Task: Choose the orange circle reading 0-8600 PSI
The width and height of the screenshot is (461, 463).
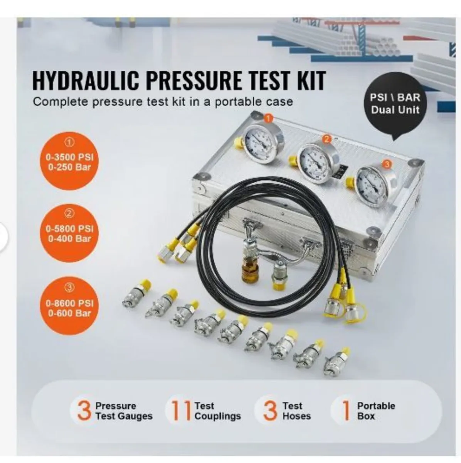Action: pos(70,308)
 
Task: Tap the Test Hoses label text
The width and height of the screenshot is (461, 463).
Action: pos(296,411)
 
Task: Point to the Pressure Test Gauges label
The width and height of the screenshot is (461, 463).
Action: pos(123,411)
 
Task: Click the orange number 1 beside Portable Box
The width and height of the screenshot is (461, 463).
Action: pos(346,411)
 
